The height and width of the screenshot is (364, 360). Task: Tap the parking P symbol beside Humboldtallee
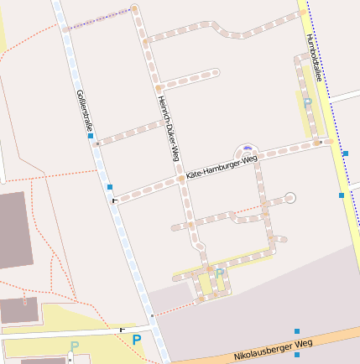(x=307, y=102)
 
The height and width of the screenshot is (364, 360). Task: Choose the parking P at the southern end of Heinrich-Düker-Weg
(x=219, y=273)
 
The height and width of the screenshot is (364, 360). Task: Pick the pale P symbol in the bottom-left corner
(x=74, y=346)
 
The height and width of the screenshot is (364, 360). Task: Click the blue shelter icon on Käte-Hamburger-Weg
(x=248, y=148)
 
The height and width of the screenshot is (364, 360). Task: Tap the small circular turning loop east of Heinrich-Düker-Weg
(x=290, y=198)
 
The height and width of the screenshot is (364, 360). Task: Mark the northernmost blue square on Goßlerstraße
(x=90, y=135)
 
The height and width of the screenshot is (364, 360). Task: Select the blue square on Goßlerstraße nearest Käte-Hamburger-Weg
(x=109, y=187)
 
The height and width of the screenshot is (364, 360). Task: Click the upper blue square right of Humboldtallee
(x=346, y=153)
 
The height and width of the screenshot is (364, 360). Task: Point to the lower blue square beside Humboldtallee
(x=341, y=195)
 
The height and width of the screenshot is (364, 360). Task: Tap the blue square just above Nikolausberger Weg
(x=297, y=332)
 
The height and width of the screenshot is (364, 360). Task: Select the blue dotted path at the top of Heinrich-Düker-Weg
(x=98, y=19)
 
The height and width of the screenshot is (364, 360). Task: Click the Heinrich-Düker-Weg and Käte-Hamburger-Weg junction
(x=181, y=179)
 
